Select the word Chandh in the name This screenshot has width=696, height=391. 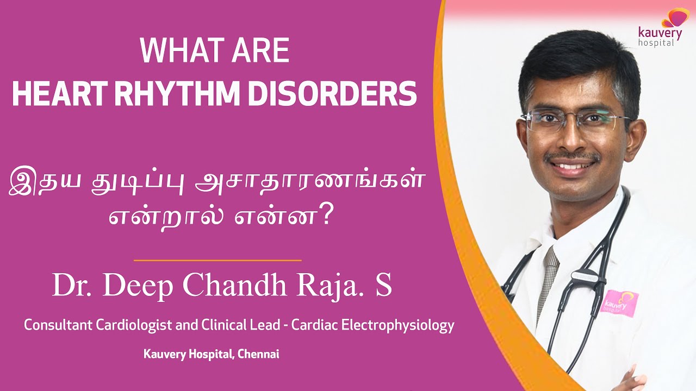click(234, 285)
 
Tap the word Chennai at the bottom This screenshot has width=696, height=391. click(258, 354)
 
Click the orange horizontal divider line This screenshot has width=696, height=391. click(217, 260)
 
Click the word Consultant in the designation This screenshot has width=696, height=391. click(58, 325)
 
